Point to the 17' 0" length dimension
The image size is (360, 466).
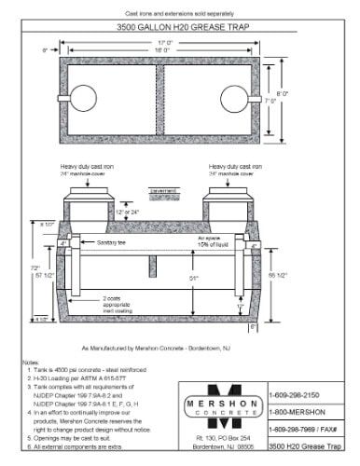165,41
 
